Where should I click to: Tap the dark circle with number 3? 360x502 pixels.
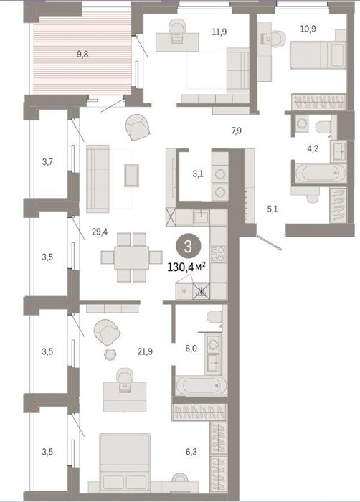(188, 247)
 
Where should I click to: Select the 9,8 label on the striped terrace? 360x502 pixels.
(82, 54)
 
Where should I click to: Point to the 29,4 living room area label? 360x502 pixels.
(100, 232)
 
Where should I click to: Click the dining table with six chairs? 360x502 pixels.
(132, 257)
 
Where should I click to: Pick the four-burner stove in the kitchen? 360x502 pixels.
(218, 254)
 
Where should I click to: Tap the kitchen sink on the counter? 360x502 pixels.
(201, 217)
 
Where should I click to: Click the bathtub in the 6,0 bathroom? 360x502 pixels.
(202, 386)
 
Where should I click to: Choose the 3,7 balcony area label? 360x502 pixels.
(47, 162)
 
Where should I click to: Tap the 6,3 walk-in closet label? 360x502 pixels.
(191, 452)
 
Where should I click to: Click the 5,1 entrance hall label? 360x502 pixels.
(273, 209)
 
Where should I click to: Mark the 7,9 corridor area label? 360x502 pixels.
(237, 131)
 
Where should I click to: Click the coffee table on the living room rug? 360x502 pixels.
(132, 175)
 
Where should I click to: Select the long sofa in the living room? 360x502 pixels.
(98, 179)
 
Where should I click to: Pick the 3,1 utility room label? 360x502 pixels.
(198, 174)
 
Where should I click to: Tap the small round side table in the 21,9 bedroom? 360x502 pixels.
(110, 354)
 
